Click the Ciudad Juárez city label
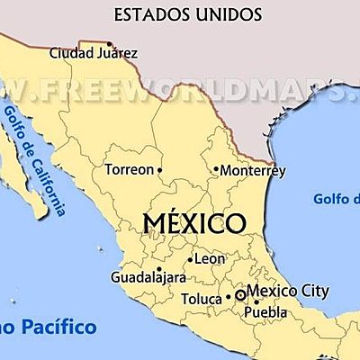[x=94, y=53]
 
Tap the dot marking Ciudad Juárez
[x=110, y=43]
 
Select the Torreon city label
[x=130, y=169]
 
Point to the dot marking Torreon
[x=160, y=169]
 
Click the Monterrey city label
[x=253, y=169]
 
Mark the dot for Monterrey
[x=216, y=168]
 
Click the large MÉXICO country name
[x=194, y=221]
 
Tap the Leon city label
[x=210, y=258]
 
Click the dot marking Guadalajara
[x=158, y=268]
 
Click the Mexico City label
[x=288, y=291]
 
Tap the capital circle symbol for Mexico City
[x=240, y=294]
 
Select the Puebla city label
[x=265, y=312]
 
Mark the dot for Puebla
[x=256, y=302]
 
